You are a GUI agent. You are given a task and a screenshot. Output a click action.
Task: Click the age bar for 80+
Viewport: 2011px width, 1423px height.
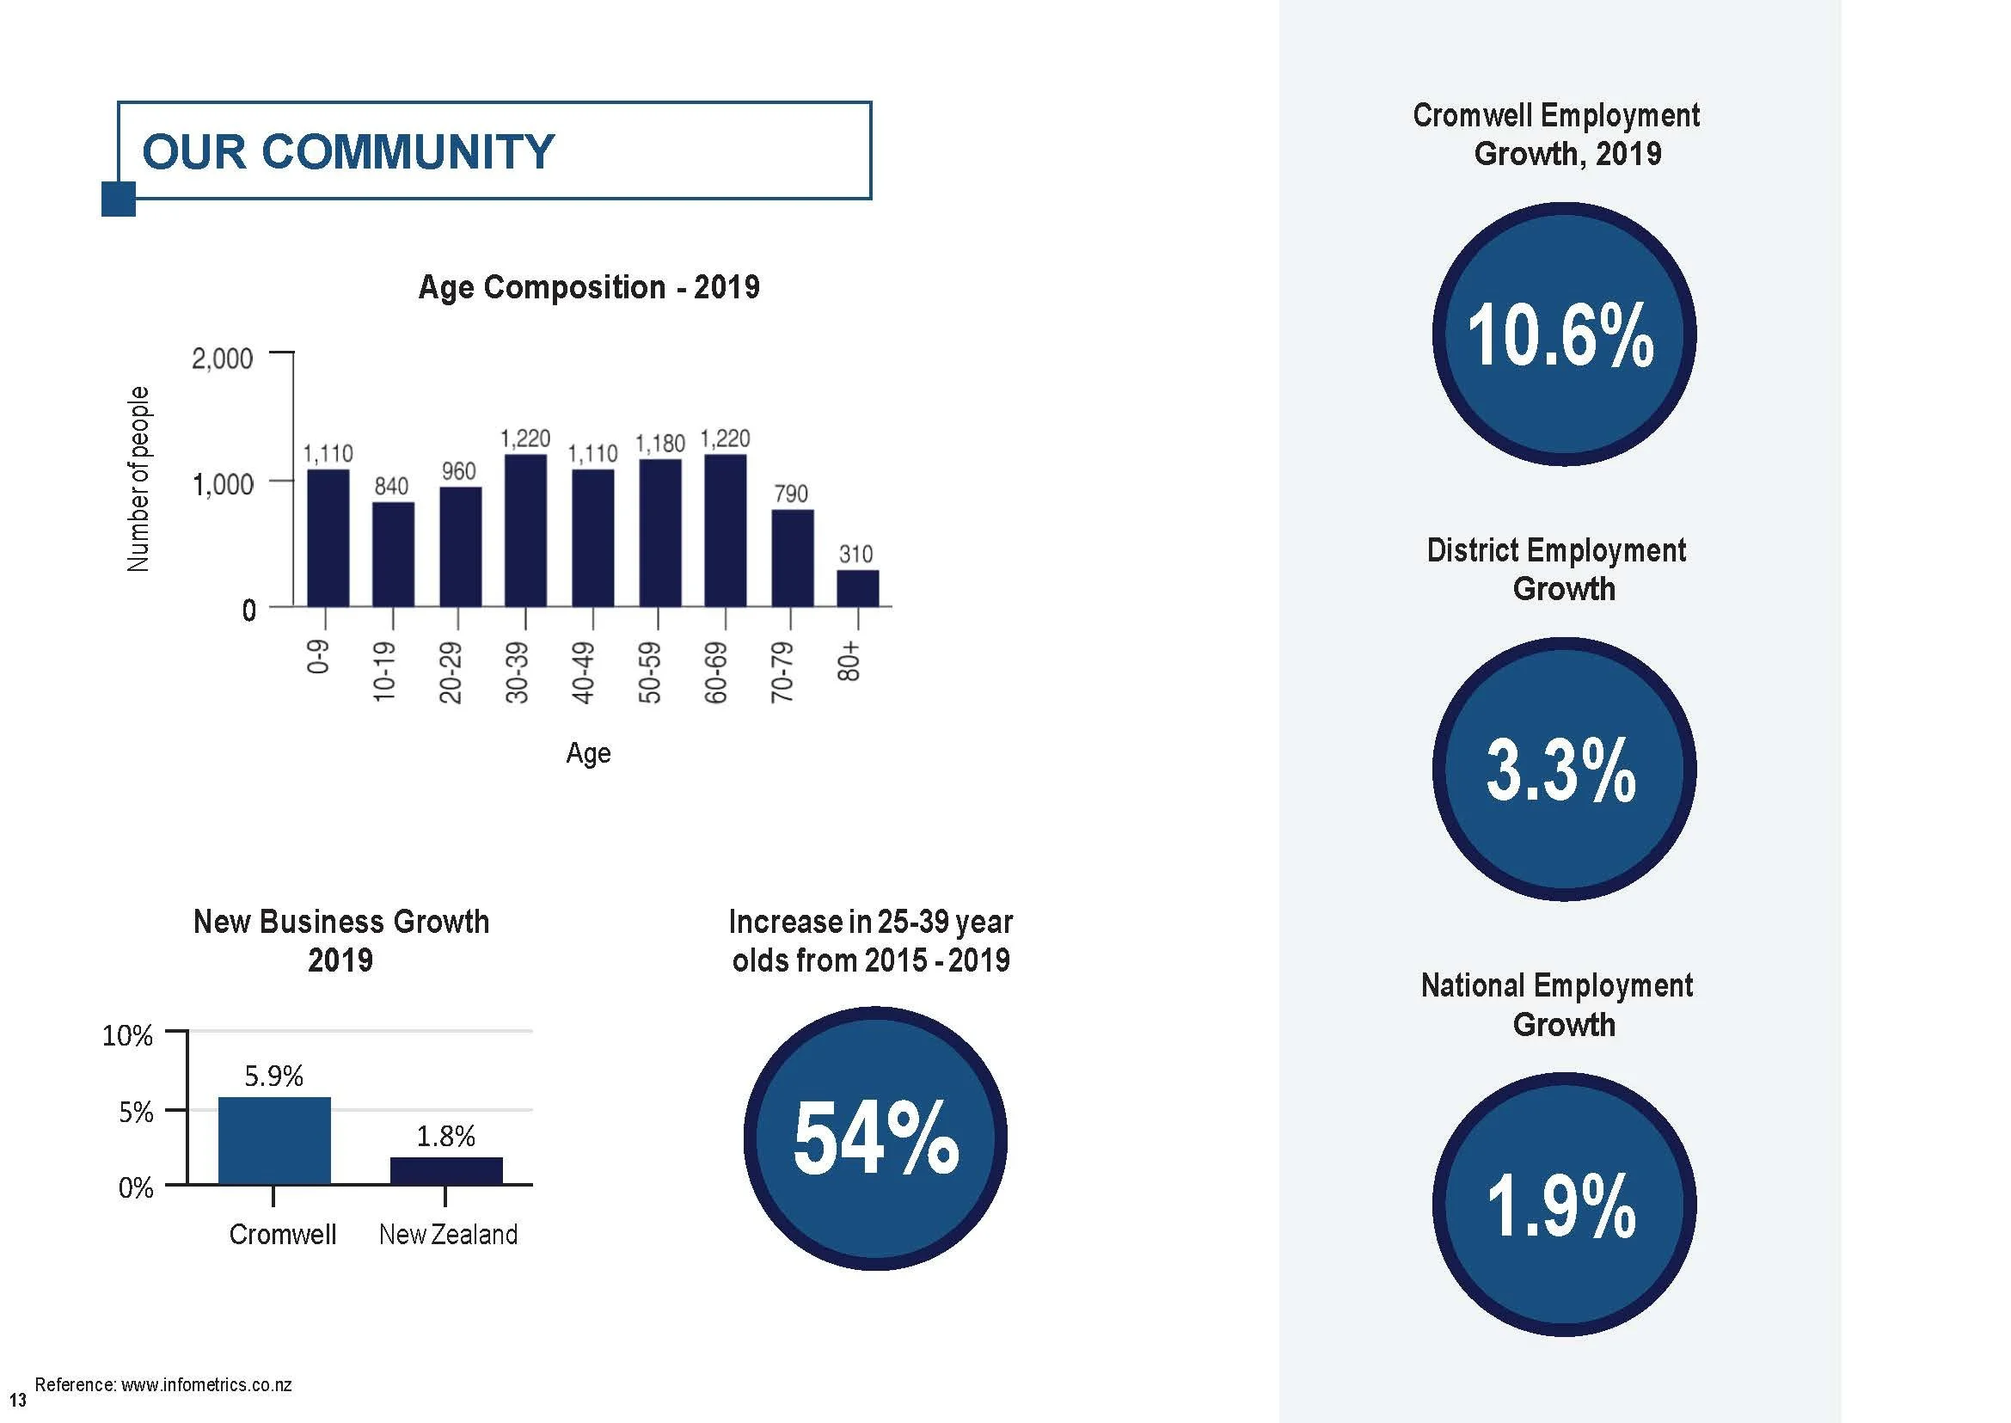[857, 588]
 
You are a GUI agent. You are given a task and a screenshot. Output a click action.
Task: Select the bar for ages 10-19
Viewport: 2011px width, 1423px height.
[394, 554]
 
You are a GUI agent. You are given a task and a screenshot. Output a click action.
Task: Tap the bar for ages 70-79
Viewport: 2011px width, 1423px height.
[792, 558]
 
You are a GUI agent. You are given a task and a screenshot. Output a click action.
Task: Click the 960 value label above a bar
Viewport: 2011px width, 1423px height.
[458, 471]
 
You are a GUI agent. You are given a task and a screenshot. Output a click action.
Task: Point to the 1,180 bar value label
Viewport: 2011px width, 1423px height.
[659, 445]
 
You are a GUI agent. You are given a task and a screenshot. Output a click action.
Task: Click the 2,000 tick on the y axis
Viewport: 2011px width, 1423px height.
[223, 359]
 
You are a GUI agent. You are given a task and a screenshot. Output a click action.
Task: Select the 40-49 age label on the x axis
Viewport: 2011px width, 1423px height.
[583, 674]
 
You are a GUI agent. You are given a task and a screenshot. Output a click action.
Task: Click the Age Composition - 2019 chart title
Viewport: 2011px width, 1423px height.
[589, 287]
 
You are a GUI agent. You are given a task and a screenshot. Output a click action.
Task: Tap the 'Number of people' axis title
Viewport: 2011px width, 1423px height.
[138, 479]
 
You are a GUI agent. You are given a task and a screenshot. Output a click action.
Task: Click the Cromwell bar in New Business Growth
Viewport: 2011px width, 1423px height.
[274, 1140]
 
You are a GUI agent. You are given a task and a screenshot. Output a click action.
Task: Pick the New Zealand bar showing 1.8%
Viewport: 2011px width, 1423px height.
[446, 1171]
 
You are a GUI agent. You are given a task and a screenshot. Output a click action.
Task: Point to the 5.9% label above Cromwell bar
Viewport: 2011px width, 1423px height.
[274, 1076]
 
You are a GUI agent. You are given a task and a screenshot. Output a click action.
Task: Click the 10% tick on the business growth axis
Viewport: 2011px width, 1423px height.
[128, 1036]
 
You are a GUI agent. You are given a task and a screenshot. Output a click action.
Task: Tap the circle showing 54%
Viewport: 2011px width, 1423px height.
[875, 1138]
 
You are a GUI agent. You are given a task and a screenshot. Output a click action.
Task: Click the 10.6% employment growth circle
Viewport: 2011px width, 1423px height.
[1564, 334]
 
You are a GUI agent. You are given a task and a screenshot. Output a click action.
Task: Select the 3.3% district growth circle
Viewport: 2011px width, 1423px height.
[1564, 769]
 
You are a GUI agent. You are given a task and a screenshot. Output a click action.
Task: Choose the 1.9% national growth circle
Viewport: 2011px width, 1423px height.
[1564, 1204]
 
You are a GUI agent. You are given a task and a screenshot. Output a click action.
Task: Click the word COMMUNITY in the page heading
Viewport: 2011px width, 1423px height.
[408, 151]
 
